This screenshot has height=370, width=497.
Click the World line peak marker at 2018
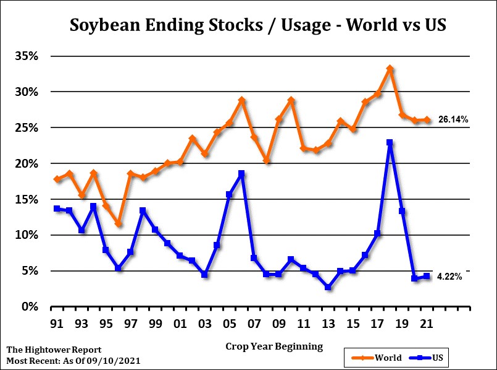(390, 69)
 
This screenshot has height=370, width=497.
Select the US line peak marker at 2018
(390, 142)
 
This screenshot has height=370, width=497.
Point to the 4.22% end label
(449, 277)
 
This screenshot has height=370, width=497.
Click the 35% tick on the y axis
(27, 56)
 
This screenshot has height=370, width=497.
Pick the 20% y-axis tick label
(27, 163)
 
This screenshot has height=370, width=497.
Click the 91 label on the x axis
(57, 323)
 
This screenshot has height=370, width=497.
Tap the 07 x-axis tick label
(254, 323)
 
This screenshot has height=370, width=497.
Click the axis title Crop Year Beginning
(274, 346)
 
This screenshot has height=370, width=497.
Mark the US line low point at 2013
(328, 287)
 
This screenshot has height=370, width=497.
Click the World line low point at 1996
(119, 223)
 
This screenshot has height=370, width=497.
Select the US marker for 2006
(241, 174)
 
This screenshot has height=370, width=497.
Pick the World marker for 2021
(427, 119)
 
